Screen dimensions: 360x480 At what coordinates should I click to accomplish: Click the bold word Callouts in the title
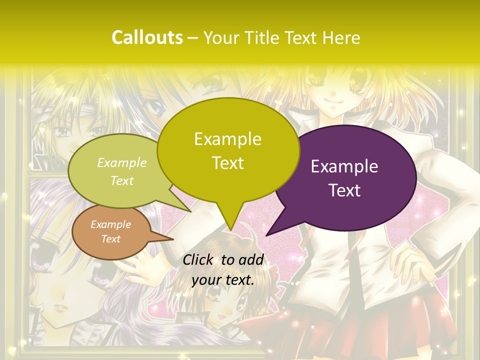(x=147, y=37)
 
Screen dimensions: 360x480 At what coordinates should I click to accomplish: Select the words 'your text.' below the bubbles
(x=223, y=280)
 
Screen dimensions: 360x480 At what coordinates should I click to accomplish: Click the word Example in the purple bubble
(x=344, y=166)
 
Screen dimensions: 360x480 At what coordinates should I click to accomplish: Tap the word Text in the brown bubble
(x=111, y=239)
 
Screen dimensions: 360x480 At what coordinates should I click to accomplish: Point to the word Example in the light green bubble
(x=122, y=162)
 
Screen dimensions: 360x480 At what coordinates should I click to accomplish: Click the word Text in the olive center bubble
(x=228, y=163)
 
